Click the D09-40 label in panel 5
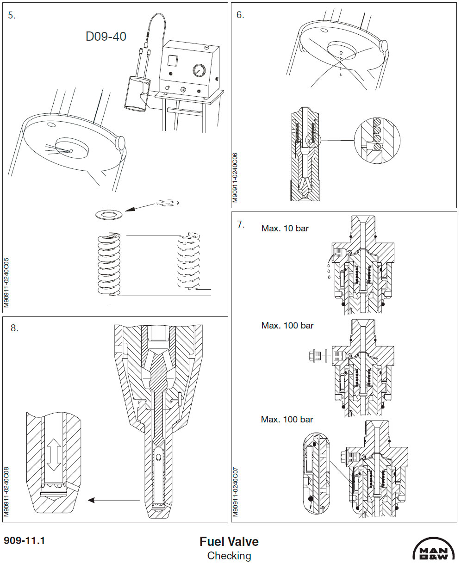point(106,37)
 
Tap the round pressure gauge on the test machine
point(199,70)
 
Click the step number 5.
point(12,15)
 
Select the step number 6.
point(240,15)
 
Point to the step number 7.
point(240,224)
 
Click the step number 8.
point(14,328)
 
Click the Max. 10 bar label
point(285,228)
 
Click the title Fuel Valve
point(229,541)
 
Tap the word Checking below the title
point(229,556)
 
